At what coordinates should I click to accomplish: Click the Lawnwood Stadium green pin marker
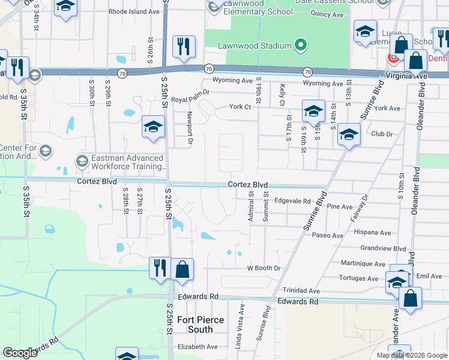pos(301,46)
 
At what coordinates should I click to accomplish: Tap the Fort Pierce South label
pos(196,325)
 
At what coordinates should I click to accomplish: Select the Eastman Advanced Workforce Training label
pos(127,162)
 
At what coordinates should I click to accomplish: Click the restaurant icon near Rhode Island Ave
pos(183,46)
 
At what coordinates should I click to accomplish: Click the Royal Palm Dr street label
pos(190,92)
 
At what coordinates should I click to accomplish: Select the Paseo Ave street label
pos(327,236)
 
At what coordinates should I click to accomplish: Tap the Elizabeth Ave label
pos(196,347)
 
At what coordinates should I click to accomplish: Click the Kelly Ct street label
pos(282,94)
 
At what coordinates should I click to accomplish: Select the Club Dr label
pos(382,134)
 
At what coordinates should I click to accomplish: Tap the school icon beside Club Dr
pos(348,134)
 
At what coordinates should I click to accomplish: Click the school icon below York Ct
pos(313,111)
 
